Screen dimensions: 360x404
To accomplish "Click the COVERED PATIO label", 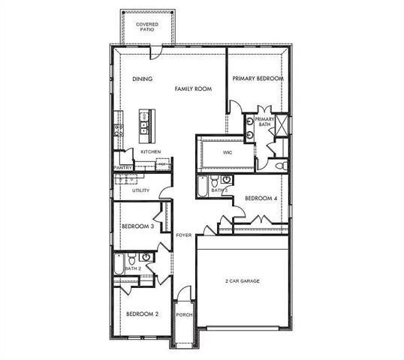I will tap(146, 28).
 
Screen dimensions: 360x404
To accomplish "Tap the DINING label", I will tap(142, 79).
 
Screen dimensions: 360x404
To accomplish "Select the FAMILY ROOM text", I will tap(193, 88).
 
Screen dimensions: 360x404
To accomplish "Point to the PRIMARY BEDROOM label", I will tap(258, 79).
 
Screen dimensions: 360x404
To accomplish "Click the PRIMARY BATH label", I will tap(264, 122).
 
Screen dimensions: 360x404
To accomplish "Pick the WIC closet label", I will tap(227, 152).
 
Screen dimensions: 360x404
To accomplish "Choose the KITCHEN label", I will tap(151, 152).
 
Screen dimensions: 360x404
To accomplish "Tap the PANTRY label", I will tap(122, 168).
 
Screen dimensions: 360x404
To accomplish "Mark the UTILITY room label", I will tap(140, 190).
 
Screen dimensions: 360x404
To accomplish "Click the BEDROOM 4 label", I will tap(261, 198).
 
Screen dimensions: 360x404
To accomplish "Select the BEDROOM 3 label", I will tap(138, 226).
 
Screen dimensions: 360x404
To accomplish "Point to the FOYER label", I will tap(184, 235).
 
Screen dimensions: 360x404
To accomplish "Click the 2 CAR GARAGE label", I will tap(243, 281).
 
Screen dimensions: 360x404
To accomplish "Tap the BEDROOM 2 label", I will tap(142, 313).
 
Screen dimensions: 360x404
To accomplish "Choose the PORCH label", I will tap(184, 315).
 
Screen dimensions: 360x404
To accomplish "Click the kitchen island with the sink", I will tap(146, 123).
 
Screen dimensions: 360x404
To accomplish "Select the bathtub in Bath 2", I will tap(119, 263).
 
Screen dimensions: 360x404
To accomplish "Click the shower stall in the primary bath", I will tap(280, 126).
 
